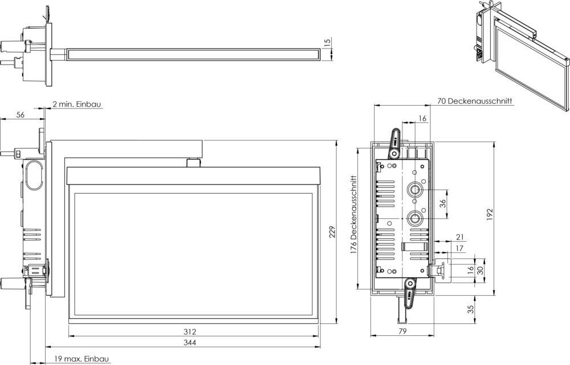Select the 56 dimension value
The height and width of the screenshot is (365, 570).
click(21, 115)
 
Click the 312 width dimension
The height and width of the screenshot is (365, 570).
click(190, 331)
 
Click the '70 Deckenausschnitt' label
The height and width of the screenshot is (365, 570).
click(474, 101)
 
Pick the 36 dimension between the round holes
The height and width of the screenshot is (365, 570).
click(442, 203)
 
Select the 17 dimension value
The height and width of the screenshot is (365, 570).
click(459, 248)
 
